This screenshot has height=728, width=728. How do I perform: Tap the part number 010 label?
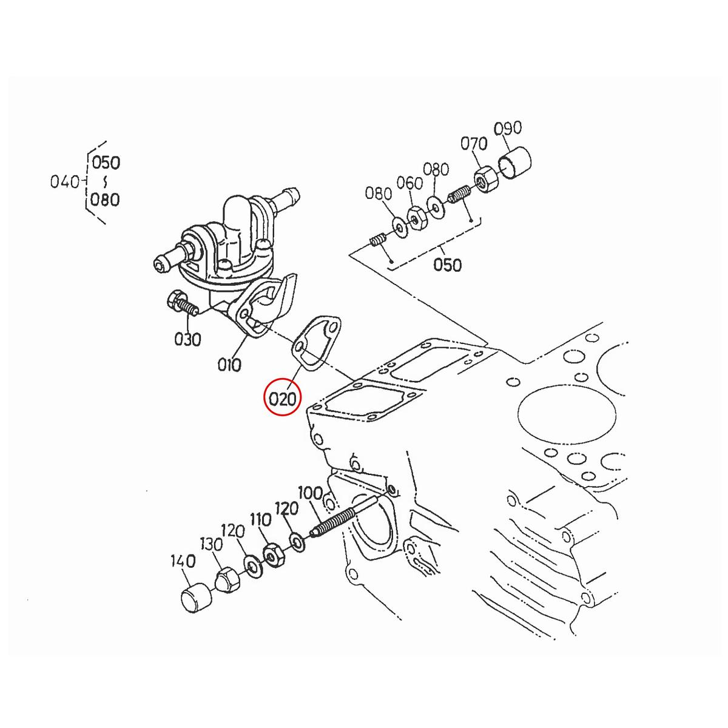pos(229,365)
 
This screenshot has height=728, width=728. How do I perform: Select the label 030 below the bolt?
pos(187,339)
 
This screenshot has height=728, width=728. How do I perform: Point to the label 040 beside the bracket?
pos(65,181)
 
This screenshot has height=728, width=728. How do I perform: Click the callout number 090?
pos(508,129)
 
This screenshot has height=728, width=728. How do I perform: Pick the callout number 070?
pos(474,144)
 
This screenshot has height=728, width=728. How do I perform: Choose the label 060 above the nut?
pos(409,183)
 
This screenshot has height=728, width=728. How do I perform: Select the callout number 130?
pos(212,545)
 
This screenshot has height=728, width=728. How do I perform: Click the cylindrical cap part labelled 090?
pos(514,163)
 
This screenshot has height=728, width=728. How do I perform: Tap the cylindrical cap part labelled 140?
pos(195,599)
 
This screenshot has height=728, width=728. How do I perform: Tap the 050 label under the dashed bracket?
pos(448,265)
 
